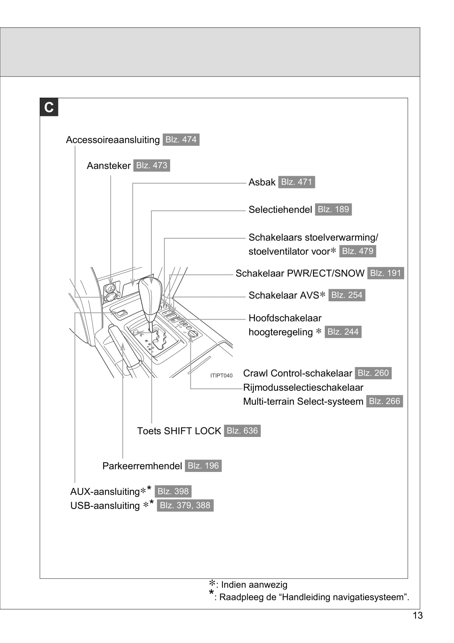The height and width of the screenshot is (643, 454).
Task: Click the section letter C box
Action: [x=49, y=107]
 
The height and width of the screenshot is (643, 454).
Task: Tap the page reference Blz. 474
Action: [x=181, y=140]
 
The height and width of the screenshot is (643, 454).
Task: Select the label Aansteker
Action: [x=109, y=166]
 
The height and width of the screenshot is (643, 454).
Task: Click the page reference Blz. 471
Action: [x=296, y=182]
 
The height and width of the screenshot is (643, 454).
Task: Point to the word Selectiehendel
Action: [x=280, y=210]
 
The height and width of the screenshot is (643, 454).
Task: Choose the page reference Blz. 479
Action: [x=357, y=251]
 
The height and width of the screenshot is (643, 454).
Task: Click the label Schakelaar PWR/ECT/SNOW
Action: [x=300, y=273]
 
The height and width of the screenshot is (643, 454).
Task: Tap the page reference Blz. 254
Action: [x=347, y=295]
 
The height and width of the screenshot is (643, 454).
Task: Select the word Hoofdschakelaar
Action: [x=285, y=318]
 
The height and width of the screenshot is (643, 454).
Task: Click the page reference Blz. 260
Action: [x=373, y=373]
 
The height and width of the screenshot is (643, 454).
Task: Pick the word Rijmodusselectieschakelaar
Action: [x=303, y=388]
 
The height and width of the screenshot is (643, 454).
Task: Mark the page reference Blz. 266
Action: [x=384, y=401]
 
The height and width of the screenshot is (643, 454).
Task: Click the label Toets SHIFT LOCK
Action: [x=179, y=431]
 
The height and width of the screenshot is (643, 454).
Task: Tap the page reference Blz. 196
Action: [x=203, y=466]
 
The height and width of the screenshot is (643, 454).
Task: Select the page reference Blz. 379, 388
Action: [x=185, y=505]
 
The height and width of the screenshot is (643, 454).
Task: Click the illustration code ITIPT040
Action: [x=221, y=376]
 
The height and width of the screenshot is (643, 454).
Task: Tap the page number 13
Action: [x=417, y=615]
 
